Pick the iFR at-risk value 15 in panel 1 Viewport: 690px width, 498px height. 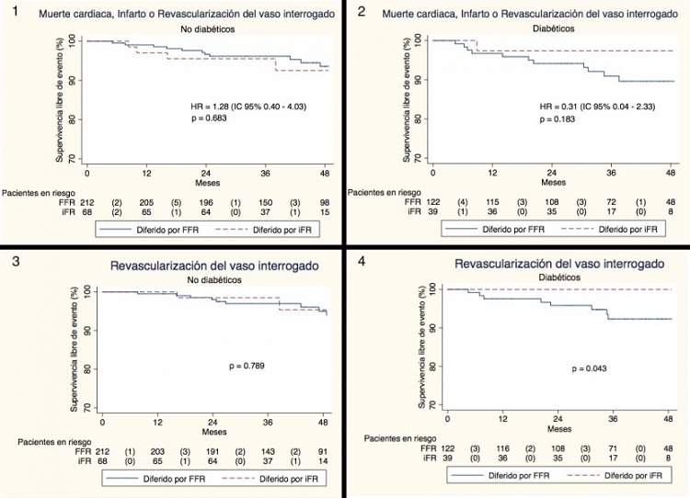tap(325, 213)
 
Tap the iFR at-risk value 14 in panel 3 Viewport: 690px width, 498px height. tap(322, 463)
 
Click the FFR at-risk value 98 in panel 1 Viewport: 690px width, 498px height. tap(325, 202)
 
